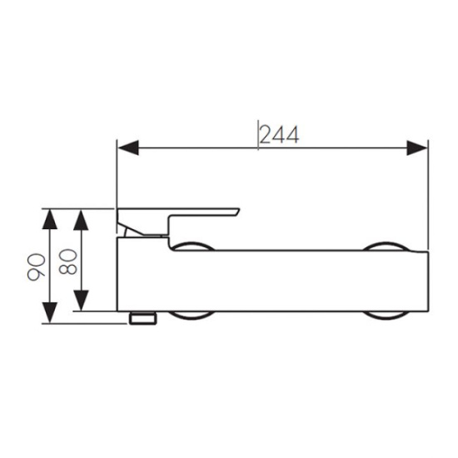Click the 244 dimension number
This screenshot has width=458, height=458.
click(x=279, y=135)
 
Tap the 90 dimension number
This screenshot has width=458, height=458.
click(x=37, y=267)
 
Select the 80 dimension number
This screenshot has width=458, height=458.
click(x=67, y=261)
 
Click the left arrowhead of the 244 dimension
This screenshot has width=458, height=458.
click(x=128, y=147)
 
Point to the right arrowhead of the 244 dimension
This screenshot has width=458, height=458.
click(x=417, y=147)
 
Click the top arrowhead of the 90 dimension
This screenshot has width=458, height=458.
click(x=50, y=219)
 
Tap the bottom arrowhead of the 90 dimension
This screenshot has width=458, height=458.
click(x=50, y=313)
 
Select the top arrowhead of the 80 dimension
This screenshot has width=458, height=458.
click(x=81, y=220)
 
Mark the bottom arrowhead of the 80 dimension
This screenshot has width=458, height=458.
click(x=81, y=301)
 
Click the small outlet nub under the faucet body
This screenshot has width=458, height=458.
click(x=143, y=318)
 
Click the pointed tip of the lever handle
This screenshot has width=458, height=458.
click(x=239, y=209)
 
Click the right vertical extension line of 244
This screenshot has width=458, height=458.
click(x=428, y=195)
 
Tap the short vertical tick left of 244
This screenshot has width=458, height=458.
click(x=258, y=135)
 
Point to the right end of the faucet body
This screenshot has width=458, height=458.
click(x=428, y=281)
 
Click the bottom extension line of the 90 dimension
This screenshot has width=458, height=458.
click(x=85, y=324)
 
